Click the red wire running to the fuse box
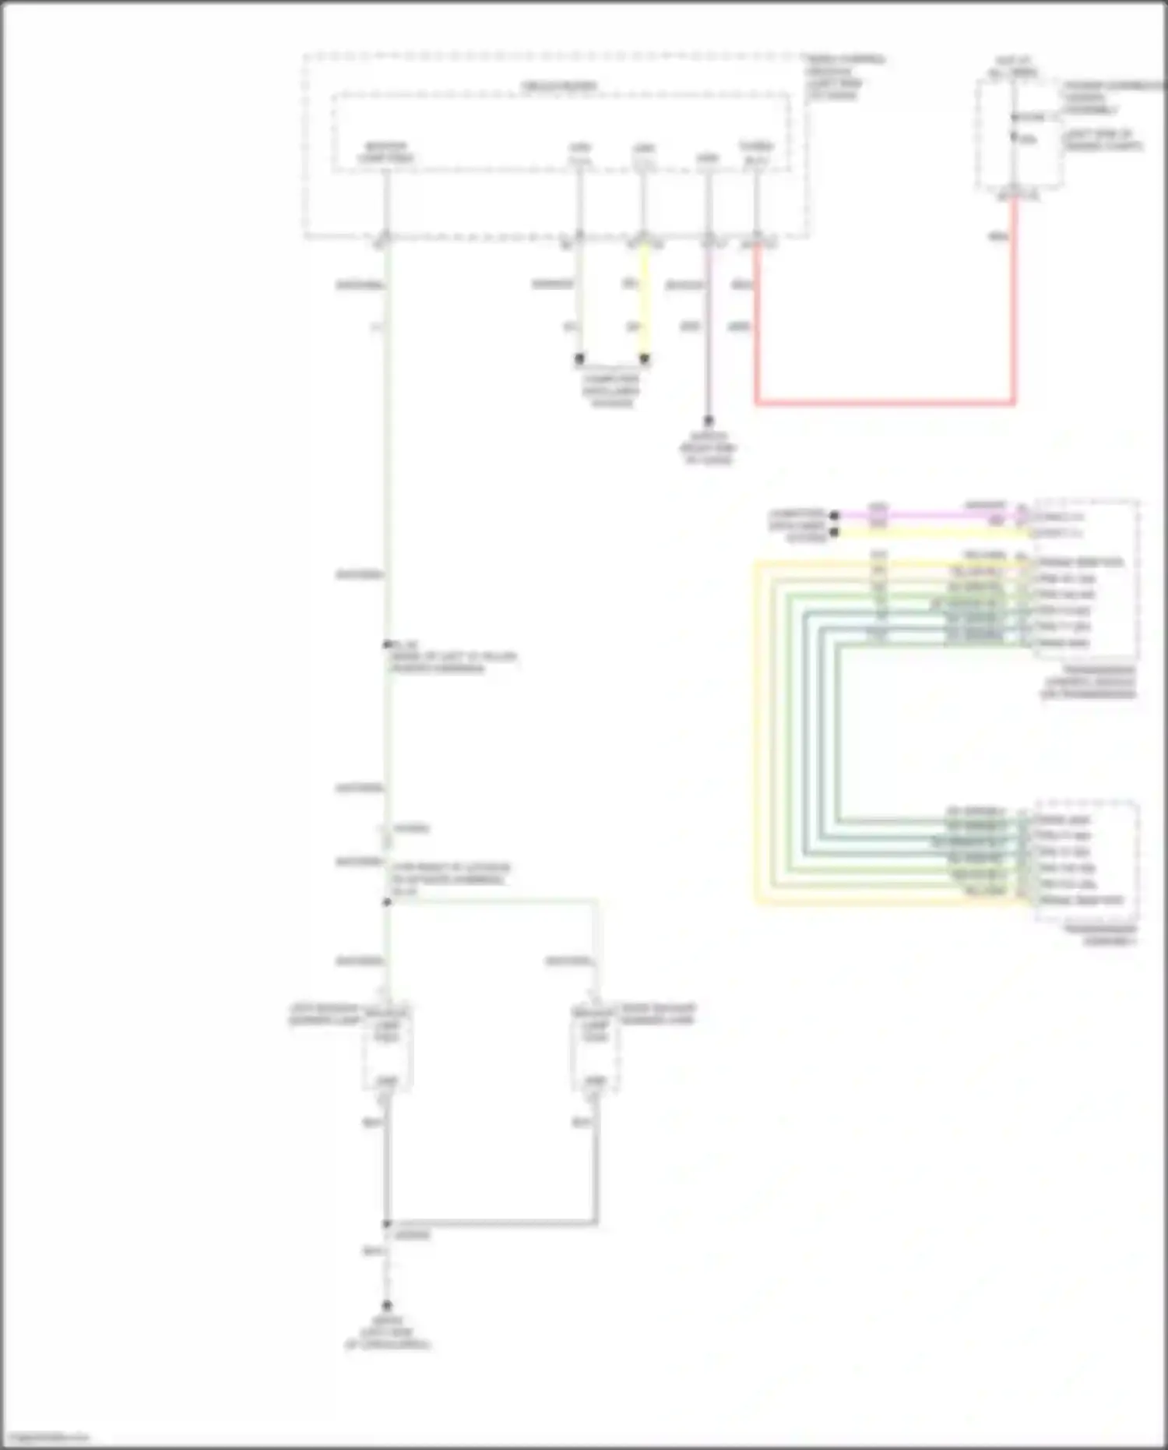[885, 403]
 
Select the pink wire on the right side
[927, 515]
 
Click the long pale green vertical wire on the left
[387, 467]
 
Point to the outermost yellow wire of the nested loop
[755, 732]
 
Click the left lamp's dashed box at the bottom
[386, 1049]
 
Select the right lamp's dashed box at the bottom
[595, 1049]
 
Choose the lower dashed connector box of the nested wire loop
[1085, 860]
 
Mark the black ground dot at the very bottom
[386, 1305]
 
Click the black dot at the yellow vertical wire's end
[644, 359]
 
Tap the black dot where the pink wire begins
[835, 515]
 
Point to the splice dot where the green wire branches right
[387, 902]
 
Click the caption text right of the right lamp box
[657, 1014]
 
